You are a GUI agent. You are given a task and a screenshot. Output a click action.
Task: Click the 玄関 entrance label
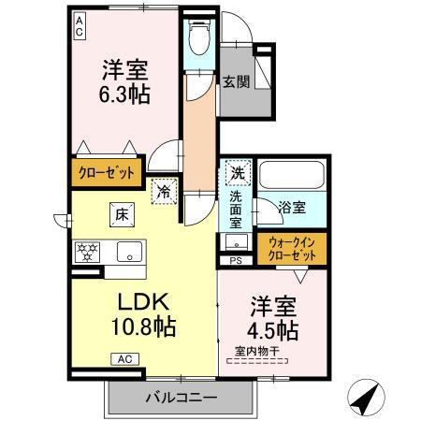235,82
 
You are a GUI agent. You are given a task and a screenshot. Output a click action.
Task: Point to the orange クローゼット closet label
105,173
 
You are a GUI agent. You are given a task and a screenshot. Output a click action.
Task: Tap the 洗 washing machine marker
236,173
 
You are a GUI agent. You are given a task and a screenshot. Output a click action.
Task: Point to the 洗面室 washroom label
235,210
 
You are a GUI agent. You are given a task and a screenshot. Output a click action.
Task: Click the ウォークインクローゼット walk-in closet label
292,248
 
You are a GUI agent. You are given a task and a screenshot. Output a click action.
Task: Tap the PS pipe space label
235,262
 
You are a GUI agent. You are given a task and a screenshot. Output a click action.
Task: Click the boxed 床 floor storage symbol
121,214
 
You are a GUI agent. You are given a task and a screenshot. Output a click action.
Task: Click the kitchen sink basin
128,251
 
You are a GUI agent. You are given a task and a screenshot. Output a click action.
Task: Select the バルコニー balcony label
181,398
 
